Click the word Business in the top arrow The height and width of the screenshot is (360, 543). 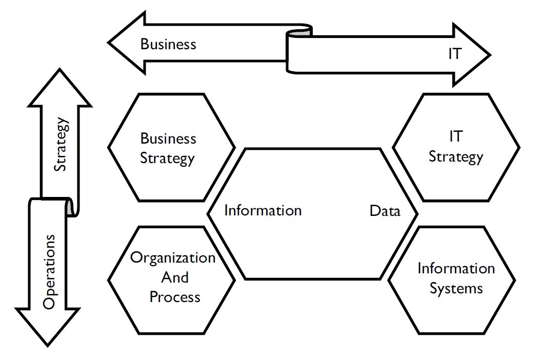click(x=168, y=44)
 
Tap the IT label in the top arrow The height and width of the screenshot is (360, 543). click(x=454, y=54)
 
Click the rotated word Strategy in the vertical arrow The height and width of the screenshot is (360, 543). click(x=61, y=145)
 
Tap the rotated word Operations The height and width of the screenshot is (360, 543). click(x=49, y=272)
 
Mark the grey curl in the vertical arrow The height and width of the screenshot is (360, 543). click(x=70, y=207)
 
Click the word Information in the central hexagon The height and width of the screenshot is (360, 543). click(x=263, y=211)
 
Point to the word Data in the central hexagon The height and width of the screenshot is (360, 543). click(x=385, y=211)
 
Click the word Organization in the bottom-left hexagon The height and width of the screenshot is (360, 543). click(x=173, y=257)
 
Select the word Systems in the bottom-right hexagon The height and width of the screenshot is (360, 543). click(x=456, y=288)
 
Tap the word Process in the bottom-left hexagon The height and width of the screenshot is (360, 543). click(x=175, y=297)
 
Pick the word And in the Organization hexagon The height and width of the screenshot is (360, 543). click(x=175, y=277)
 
